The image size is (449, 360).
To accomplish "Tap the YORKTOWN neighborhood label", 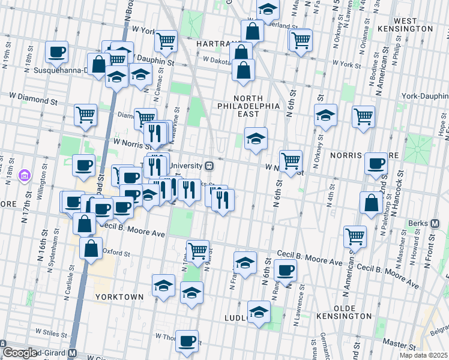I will [119, 297].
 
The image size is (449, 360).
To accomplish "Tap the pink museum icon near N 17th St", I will [24, 176].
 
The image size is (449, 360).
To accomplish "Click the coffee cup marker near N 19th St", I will [56, 52].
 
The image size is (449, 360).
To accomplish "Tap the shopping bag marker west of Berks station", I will [372, 202].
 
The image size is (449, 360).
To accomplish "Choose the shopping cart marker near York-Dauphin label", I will [363, 116].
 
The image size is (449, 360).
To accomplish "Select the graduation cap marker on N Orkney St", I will [325, 115].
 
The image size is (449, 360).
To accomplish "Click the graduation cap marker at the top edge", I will [268, 8].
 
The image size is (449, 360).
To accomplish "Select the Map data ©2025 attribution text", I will [424, 355].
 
